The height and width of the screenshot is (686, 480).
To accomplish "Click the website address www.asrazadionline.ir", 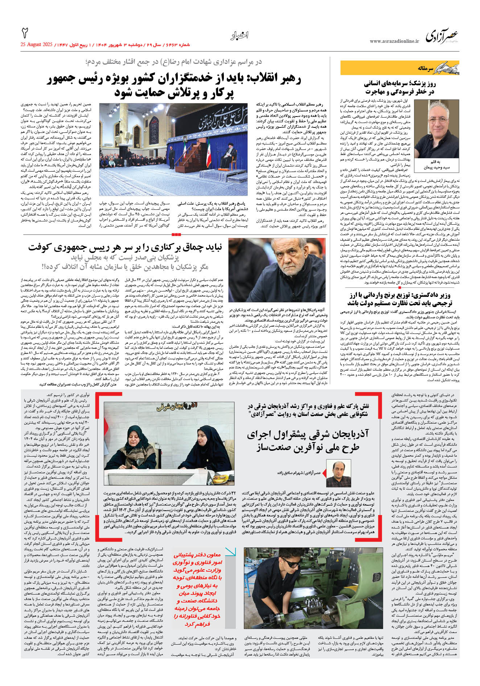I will click(x=394, y=41).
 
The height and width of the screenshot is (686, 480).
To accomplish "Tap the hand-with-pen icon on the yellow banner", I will click(x=446, y=68).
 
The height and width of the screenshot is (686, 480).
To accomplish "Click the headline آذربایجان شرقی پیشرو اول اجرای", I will click(x=308, y=440).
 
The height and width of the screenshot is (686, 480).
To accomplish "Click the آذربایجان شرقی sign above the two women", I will click(x=177, y=407).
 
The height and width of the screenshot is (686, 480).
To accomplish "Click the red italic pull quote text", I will click(x=197, y=590).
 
